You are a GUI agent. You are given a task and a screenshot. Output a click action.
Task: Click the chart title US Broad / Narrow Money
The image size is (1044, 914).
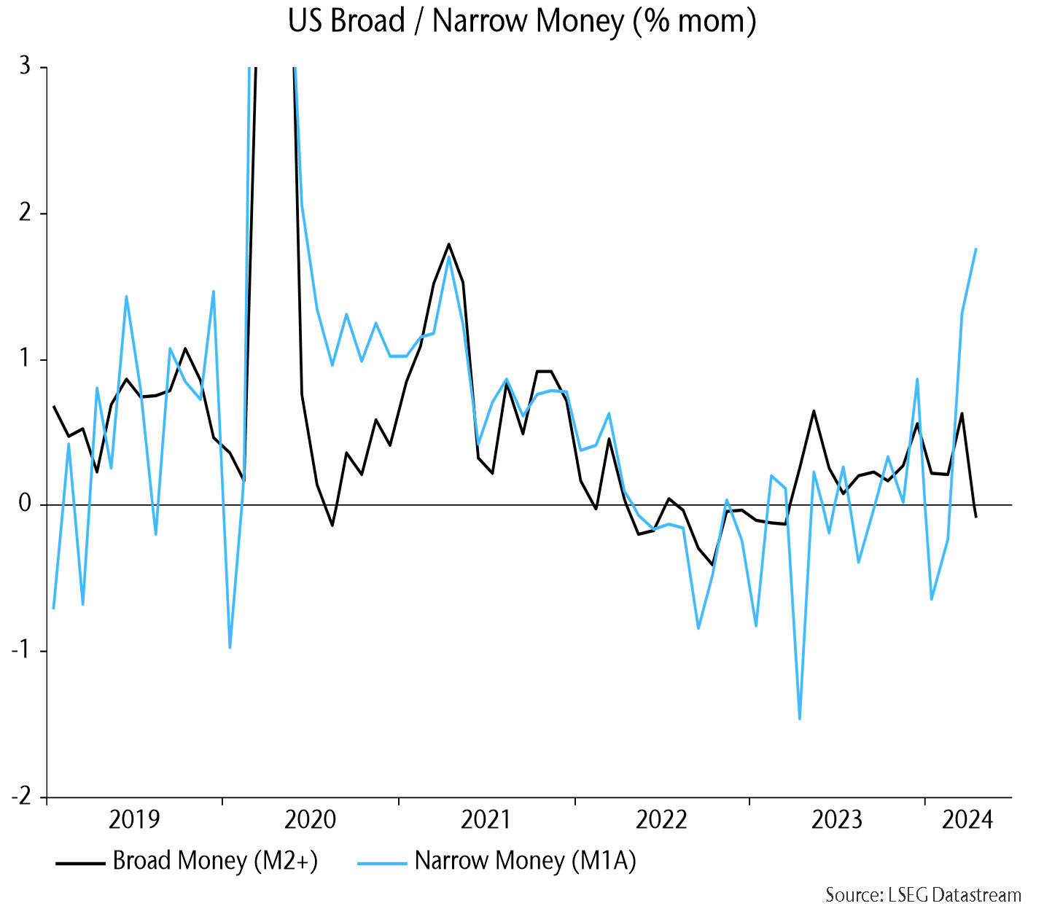pyautogui.click(x=522, y=21)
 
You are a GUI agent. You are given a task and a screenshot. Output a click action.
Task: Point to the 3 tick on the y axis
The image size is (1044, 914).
pyautogui.click(x=25, y=66)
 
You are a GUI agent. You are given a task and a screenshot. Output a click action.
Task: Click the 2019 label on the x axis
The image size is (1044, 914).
pyautogui.click(x=133, y=820)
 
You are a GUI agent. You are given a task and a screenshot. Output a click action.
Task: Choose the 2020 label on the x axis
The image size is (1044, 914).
pyautogui.click(x=310, y=820)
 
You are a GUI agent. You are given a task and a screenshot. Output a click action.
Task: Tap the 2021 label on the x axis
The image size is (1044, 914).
pyautogui.click(x=486, y=820)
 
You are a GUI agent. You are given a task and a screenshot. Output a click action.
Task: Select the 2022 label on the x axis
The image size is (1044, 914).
pyautogui.click(x=661, y=820)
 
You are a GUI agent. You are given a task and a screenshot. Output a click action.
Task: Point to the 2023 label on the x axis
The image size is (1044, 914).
pyautogui.click(x=837, y=820)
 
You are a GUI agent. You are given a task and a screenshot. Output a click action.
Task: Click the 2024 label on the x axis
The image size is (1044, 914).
pyautogui.click(x=967, y=820)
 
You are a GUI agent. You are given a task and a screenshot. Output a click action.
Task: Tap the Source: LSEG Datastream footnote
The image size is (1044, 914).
pyautogui.click(x=923, y=894)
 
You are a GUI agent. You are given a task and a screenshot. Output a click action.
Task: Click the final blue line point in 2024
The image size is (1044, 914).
pyautogui.click(x=976, y=249)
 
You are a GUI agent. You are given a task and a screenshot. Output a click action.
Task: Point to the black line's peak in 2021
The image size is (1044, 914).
pyautogui.click(x=448, y=244)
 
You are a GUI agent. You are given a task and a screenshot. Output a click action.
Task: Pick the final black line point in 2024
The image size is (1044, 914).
pyautogui.click(x=976, y=517)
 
